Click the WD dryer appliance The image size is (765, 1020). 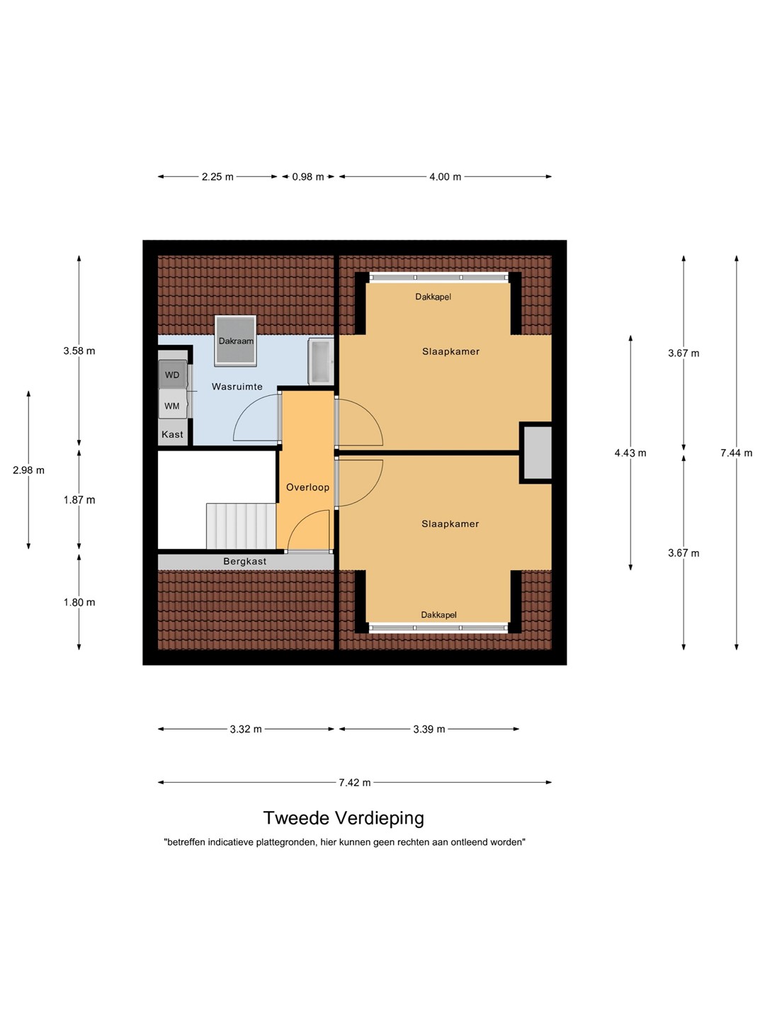173,375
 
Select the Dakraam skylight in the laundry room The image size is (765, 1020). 235,341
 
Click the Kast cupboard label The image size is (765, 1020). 172,434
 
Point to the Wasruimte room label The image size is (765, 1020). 237,386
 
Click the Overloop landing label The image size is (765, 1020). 307,487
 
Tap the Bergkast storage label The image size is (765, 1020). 245,561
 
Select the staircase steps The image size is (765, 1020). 242,526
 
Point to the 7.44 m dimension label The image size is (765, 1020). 736,453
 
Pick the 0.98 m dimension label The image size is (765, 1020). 308,176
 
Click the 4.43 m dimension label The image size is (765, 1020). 630,453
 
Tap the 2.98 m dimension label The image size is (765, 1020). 29,470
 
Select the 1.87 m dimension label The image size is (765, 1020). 79,499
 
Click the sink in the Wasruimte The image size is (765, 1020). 321,361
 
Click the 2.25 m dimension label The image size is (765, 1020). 217,176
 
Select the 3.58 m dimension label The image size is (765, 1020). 79,351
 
